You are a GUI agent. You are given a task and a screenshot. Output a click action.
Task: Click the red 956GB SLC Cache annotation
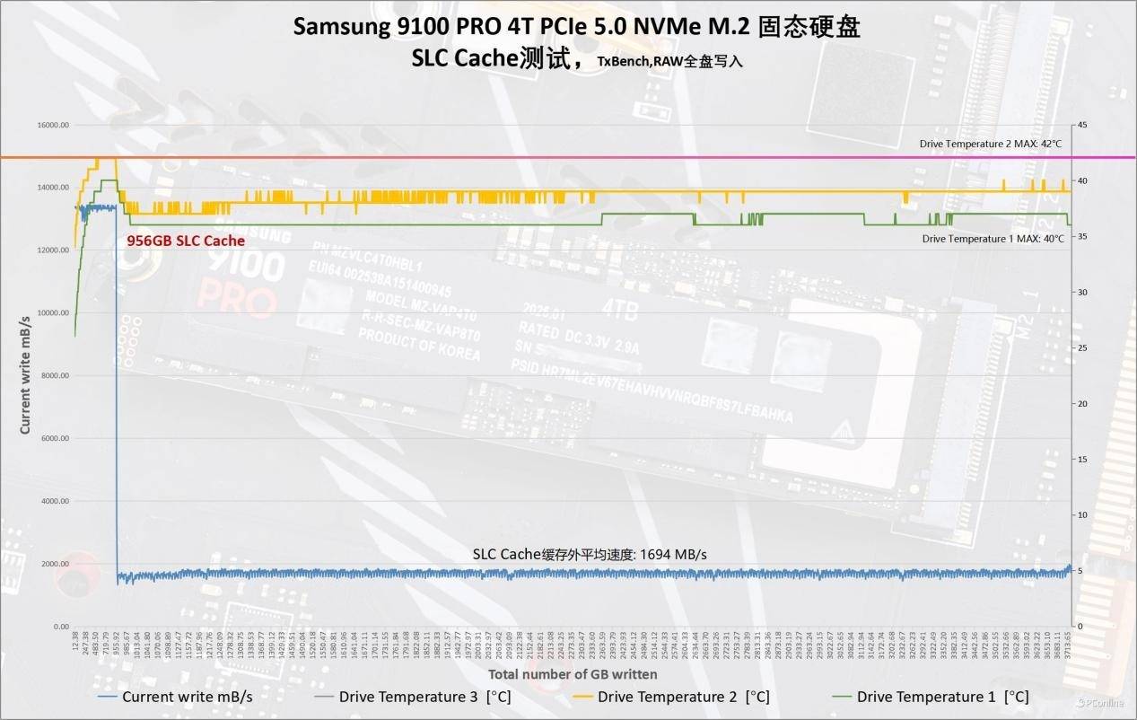(x=185, y=241)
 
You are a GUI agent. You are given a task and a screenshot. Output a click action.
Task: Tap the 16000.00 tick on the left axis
(x=51, y=126)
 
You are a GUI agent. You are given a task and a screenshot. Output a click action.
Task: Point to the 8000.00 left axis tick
(x=53, y=375)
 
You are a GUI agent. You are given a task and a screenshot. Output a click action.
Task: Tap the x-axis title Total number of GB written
(x=573, y=673)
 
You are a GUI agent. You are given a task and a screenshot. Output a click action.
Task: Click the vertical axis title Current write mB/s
(x=25, y=368)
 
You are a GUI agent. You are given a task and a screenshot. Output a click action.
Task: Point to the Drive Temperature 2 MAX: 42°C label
(x=990, y=144)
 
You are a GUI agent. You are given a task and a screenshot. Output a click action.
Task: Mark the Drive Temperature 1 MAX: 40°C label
(x=993, y=239)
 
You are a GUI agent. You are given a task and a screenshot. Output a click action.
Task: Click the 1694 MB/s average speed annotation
(x=590, y=554)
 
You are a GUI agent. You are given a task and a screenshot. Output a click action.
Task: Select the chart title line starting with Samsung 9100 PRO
(x=576, y=27)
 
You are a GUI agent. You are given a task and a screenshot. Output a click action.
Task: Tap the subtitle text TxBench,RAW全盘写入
(x=670, y=62)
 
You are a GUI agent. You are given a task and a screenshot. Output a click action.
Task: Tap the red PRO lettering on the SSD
(x=237, y=300)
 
